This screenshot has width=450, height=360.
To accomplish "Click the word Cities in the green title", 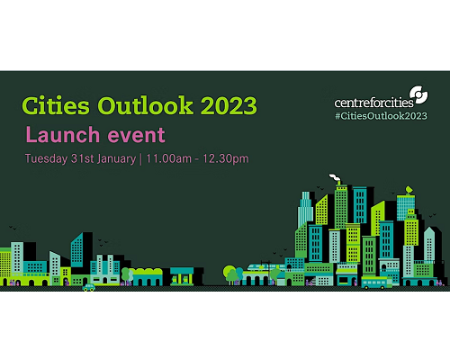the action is pyautogui.click(x=56, y=105).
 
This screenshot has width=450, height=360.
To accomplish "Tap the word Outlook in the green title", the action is pyautogui.click(x=146, y=105).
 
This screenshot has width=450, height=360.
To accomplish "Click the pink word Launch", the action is pyautogui.click(x=63, y=135).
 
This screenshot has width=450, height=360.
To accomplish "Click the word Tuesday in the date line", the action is pyautogui.click(x=46, y=159).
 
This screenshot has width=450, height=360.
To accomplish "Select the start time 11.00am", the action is pyautogui.click(x=169, y=158).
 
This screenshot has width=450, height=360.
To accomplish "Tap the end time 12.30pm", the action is pyautogui.click(x=226, y=159).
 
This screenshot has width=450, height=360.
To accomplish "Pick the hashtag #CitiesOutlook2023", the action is pyautogui.click(x=381, y=116).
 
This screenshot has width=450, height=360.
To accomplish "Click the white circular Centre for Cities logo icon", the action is pyautogui.click(x=418, y=94).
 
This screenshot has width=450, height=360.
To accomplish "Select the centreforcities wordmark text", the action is pyautogui.click(x=373, y=103).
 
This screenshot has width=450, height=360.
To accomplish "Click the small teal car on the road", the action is pyautogui.click(x=89, y=287).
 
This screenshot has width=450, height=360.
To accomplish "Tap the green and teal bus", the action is pyautogui.click(x=376, y=283).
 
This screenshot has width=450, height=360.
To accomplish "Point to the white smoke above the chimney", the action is pyautogui.click(x=335, y=178).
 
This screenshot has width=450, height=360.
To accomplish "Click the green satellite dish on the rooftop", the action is pyautogui.click(x=409, y=190).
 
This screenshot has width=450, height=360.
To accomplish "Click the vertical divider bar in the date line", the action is pyautogui.click(x=141, y=159).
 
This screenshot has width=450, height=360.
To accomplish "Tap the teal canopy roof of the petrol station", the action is pyautogui.click(x=182, y=272).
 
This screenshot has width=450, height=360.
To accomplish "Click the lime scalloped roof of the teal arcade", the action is pyautogui.click(x=148, y=272).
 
